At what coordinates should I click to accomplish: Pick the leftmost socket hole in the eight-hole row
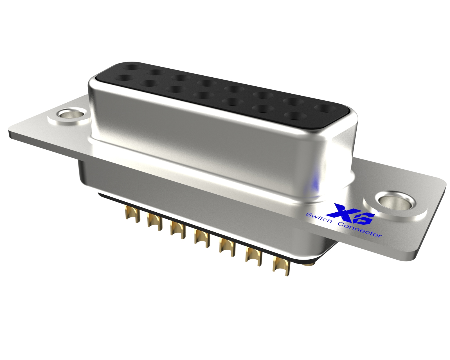[x=132, y=67]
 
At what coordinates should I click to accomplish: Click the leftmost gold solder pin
[x=132, y=214]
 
